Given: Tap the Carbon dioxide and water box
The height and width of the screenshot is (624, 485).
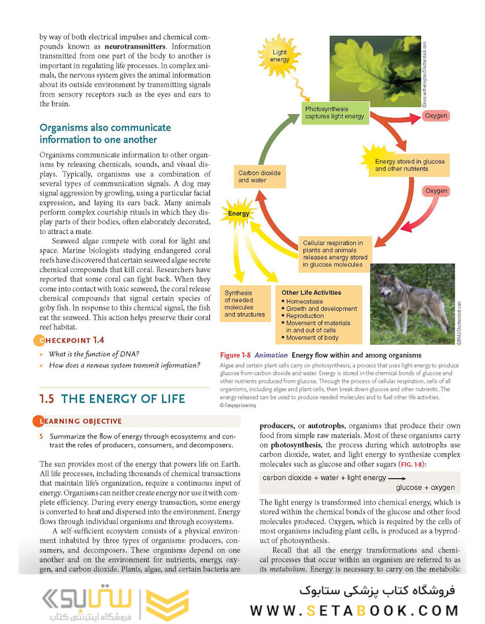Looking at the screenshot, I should click(x=260, y=176).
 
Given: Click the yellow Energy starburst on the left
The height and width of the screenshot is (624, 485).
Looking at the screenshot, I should click(x=238, y=213).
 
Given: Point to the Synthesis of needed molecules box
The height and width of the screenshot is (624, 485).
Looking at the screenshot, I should click(x=245, y=303).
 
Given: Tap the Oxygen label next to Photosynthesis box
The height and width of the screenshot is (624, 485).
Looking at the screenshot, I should click(x=435, y=116).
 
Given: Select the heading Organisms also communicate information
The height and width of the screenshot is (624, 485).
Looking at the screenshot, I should click(x=105, y=133).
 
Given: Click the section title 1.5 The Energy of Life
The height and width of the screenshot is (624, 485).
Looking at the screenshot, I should click(x=112, y=399).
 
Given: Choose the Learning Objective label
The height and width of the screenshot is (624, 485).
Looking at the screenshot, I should click(x=80, y=421).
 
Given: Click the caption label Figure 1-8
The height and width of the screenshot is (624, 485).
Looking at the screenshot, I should click(x=235, y=355).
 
